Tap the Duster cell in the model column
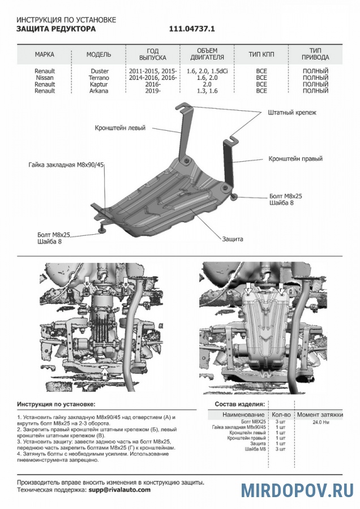pos(100,71)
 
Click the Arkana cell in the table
pos(100,90)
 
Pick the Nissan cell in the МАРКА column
pos(45,77)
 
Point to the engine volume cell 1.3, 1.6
pos(202,90)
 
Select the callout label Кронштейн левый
pos(120,128)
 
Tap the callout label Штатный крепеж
pos(292,113)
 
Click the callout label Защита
pos(233,239)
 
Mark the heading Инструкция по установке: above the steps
pos(56,405)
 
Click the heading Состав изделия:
pos(239,405)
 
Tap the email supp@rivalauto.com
pos(119,490)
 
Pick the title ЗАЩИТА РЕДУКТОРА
pos(56,28)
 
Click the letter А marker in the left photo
pos(105,374)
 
